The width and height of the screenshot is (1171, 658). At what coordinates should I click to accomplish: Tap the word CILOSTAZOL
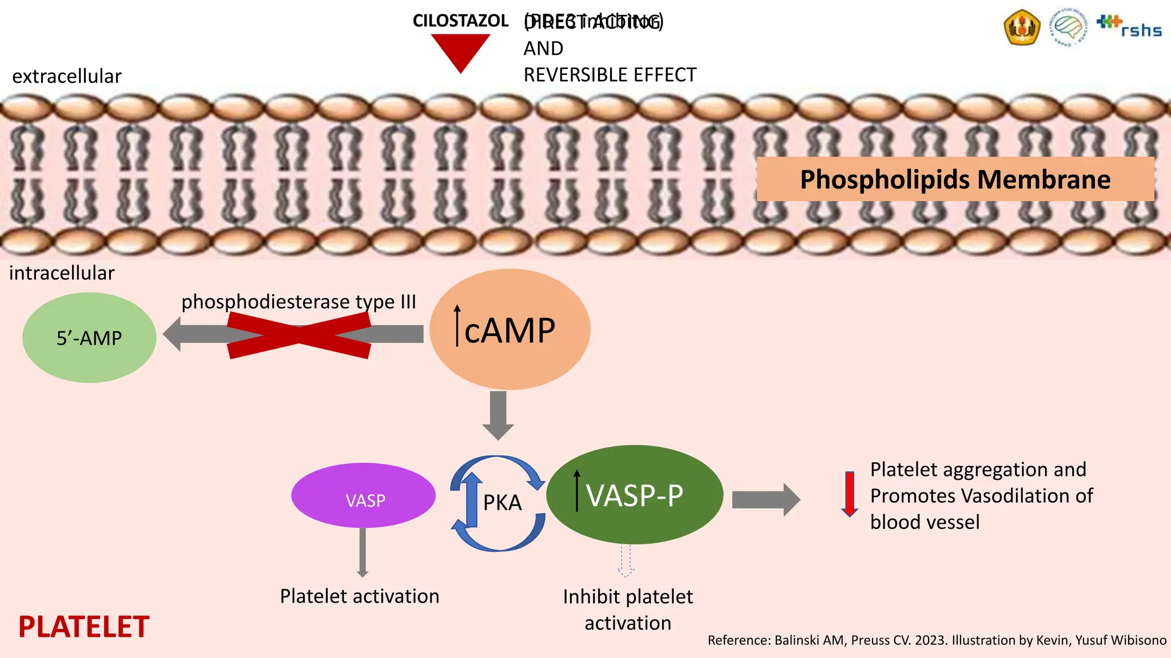(x=460, y=21)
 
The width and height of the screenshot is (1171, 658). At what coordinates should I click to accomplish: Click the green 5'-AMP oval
(x=89, y=338)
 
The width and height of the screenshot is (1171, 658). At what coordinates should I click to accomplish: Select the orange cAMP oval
(x=509, y=330)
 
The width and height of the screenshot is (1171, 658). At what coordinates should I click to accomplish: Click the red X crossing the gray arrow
(x=299, y=335)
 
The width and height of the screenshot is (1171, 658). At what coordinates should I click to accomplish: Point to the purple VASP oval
(x=364, y=496)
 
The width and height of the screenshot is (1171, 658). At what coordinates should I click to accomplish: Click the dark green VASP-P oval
(x=635, y=495)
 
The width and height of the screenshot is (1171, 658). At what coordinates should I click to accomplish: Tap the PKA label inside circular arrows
(x=502, y=503)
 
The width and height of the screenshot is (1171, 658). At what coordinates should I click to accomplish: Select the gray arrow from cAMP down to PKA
(x=498, y=415)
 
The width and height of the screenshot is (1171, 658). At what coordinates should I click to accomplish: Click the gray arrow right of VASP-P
(x=766, y=500)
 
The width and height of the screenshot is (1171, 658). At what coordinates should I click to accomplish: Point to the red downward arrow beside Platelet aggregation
(x=850, y=494)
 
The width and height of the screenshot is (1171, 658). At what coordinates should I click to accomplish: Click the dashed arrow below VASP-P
(x=626, y=561)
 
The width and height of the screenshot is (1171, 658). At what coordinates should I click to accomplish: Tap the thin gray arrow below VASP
(x=363, y=552)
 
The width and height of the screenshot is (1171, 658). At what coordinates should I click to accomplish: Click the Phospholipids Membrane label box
(x=955, y=179)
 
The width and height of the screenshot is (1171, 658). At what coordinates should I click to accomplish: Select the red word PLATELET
(x=83, y=627)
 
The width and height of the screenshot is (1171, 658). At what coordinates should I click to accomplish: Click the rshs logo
(x=1130, y=27)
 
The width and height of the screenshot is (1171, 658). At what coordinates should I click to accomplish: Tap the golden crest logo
(x=1022, y=27)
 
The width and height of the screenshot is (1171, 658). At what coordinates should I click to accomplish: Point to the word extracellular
(x=67, y=76)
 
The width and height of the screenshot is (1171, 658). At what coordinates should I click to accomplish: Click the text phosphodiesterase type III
(x=298, y=301)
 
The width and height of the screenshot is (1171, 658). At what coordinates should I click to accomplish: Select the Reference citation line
(x=937, y=640)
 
